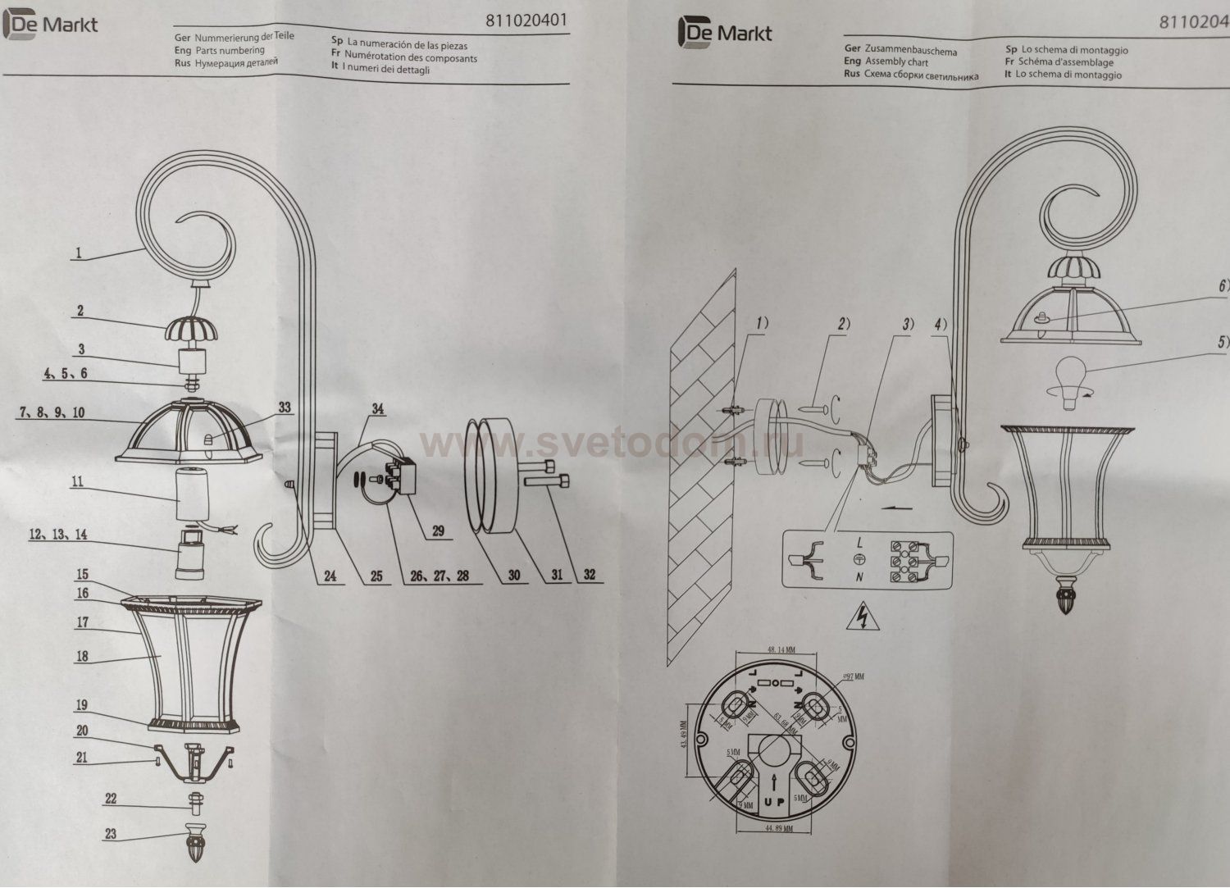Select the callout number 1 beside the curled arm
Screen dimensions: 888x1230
coord(79,253)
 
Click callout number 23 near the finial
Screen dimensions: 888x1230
coord(110,834)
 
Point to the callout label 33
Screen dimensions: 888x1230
coord(285,407)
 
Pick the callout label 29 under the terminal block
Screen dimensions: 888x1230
coord(438,531)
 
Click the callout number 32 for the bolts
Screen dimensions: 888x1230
coord(589,575)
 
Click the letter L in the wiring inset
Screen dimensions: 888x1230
coord(858,543)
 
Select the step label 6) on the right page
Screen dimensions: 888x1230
coord(1223,286)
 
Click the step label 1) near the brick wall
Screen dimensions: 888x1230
coord(762,324)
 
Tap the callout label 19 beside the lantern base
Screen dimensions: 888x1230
coord(83,705)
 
